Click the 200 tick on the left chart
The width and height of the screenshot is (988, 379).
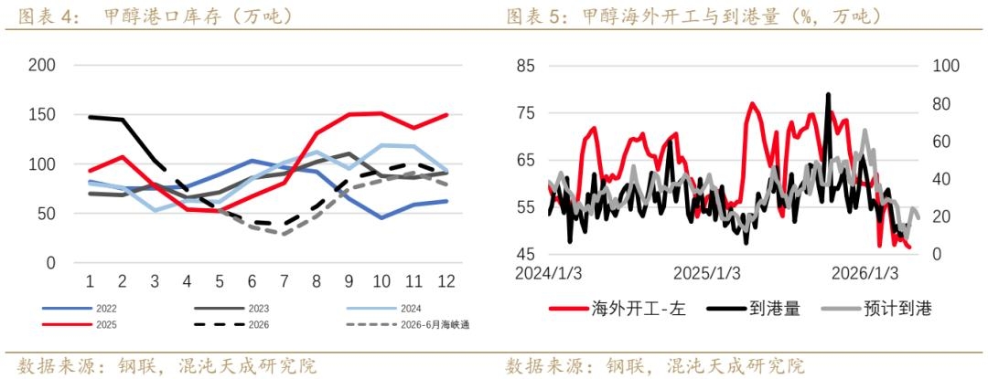[42, 65]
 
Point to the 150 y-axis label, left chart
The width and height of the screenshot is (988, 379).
[42, 115]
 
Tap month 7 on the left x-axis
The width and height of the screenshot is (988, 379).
[285, 280]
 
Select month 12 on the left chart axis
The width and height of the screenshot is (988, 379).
[446, 280]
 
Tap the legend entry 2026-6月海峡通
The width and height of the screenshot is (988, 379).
[431, 323]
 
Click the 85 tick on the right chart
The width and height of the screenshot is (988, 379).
[526, 66]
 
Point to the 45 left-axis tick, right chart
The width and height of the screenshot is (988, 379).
[526, 254]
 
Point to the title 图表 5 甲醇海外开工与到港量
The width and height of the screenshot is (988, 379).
[694, 15]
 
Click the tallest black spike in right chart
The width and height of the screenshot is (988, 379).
[829, 95]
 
